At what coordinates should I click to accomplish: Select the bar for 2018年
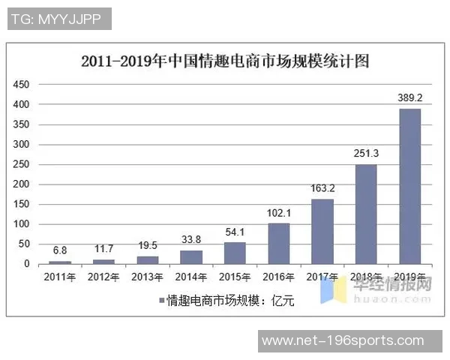tap(365, 214)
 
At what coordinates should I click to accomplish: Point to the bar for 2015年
tap(235, 253)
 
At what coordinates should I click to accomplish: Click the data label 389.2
tap(409, 97)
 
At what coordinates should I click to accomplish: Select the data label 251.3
tap(366, 153)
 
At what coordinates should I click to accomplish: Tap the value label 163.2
tap(322, 188)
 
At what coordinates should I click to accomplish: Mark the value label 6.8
tap(60, 250)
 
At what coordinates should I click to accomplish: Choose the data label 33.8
tap(191, 240)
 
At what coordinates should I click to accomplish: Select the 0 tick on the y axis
tap(26, 264)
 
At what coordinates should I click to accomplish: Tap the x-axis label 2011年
tap(60, 277)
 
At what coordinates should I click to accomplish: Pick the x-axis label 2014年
tap(191, 277)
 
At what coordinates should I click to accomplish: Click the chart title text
tap(225, 61)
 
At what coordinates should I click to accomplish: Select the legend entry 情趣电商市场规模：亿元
tap(229, 301)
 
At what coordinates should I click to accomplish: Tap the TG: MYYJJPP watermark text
tap(59, 19)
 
